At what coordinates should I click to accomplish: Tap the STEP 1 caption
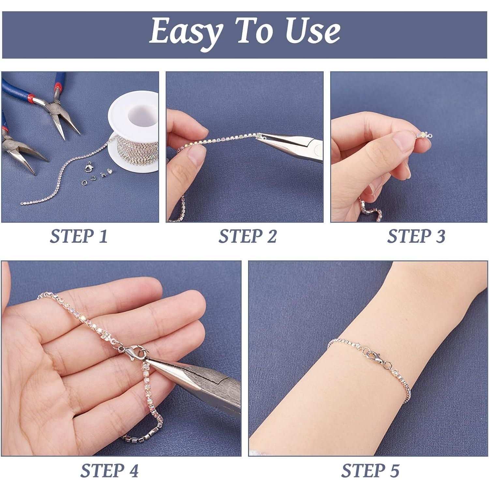(79, 236)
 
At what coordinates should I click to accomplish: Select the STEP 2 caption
(247, 236)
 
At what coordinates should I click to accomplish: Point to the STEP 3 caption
(416, 236)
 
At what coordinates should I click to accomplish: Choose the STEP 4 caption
(110, 470)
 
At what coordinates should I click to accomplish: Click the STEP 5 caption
(370, 470)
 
